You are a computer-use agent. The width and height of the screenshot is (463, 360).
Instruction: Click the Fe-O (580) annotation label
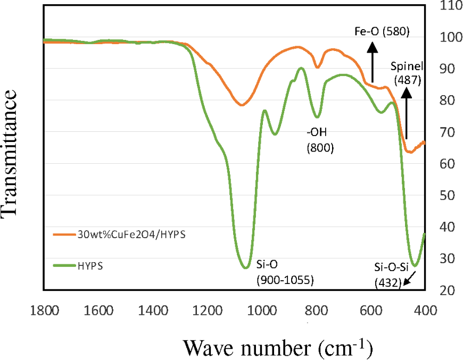click(382, 31)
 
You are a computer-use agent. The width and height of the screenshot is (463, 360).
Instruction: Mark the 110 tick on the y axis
click(450, 6)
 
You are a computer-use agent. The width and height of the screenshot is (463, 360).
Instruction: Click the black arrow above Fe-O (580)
click(372, 61)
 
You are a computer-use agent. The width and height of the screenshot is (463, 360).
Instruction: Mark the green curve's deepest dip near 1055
click(245, 267)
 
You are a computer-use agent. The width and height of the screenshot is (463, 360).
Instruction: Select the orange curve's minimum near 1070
click(242, 105)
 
